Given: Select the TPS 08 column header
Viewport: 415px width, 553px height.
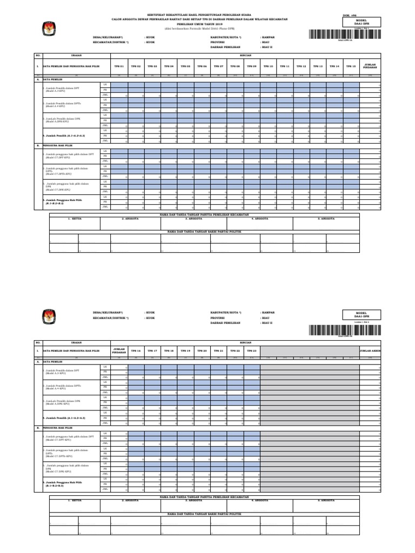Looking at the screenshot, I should click(235, 66).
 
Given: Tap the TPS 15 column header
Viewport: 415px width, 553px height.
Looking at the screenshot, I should click(351, 66).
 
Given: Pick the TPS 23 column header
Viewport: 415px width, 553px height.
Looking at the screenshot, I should click(251, 350).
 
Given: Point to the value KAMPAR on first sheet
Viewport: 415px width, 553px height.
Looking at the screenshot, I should click(269, 37).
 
